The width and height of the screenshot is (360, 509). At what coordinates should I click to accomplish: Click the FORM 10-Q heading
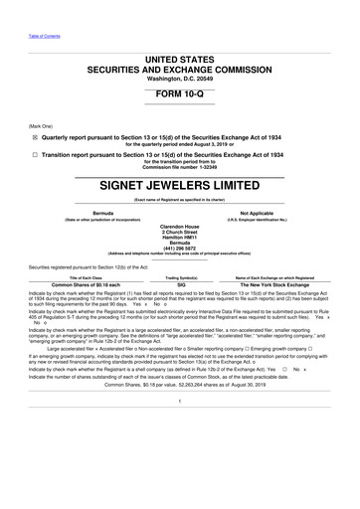click(179, 92)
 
